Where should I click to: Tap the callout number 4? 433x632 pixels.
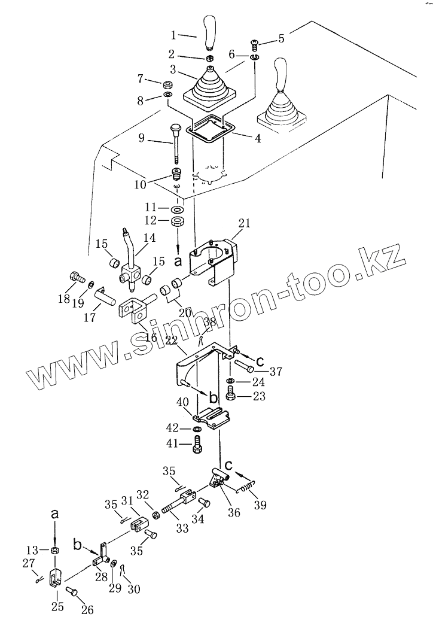coord(257,139)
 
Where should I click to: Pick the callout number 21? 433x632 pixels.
coord(245,223)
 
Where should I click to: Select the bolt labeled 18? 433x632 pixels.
coord(75,277)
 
